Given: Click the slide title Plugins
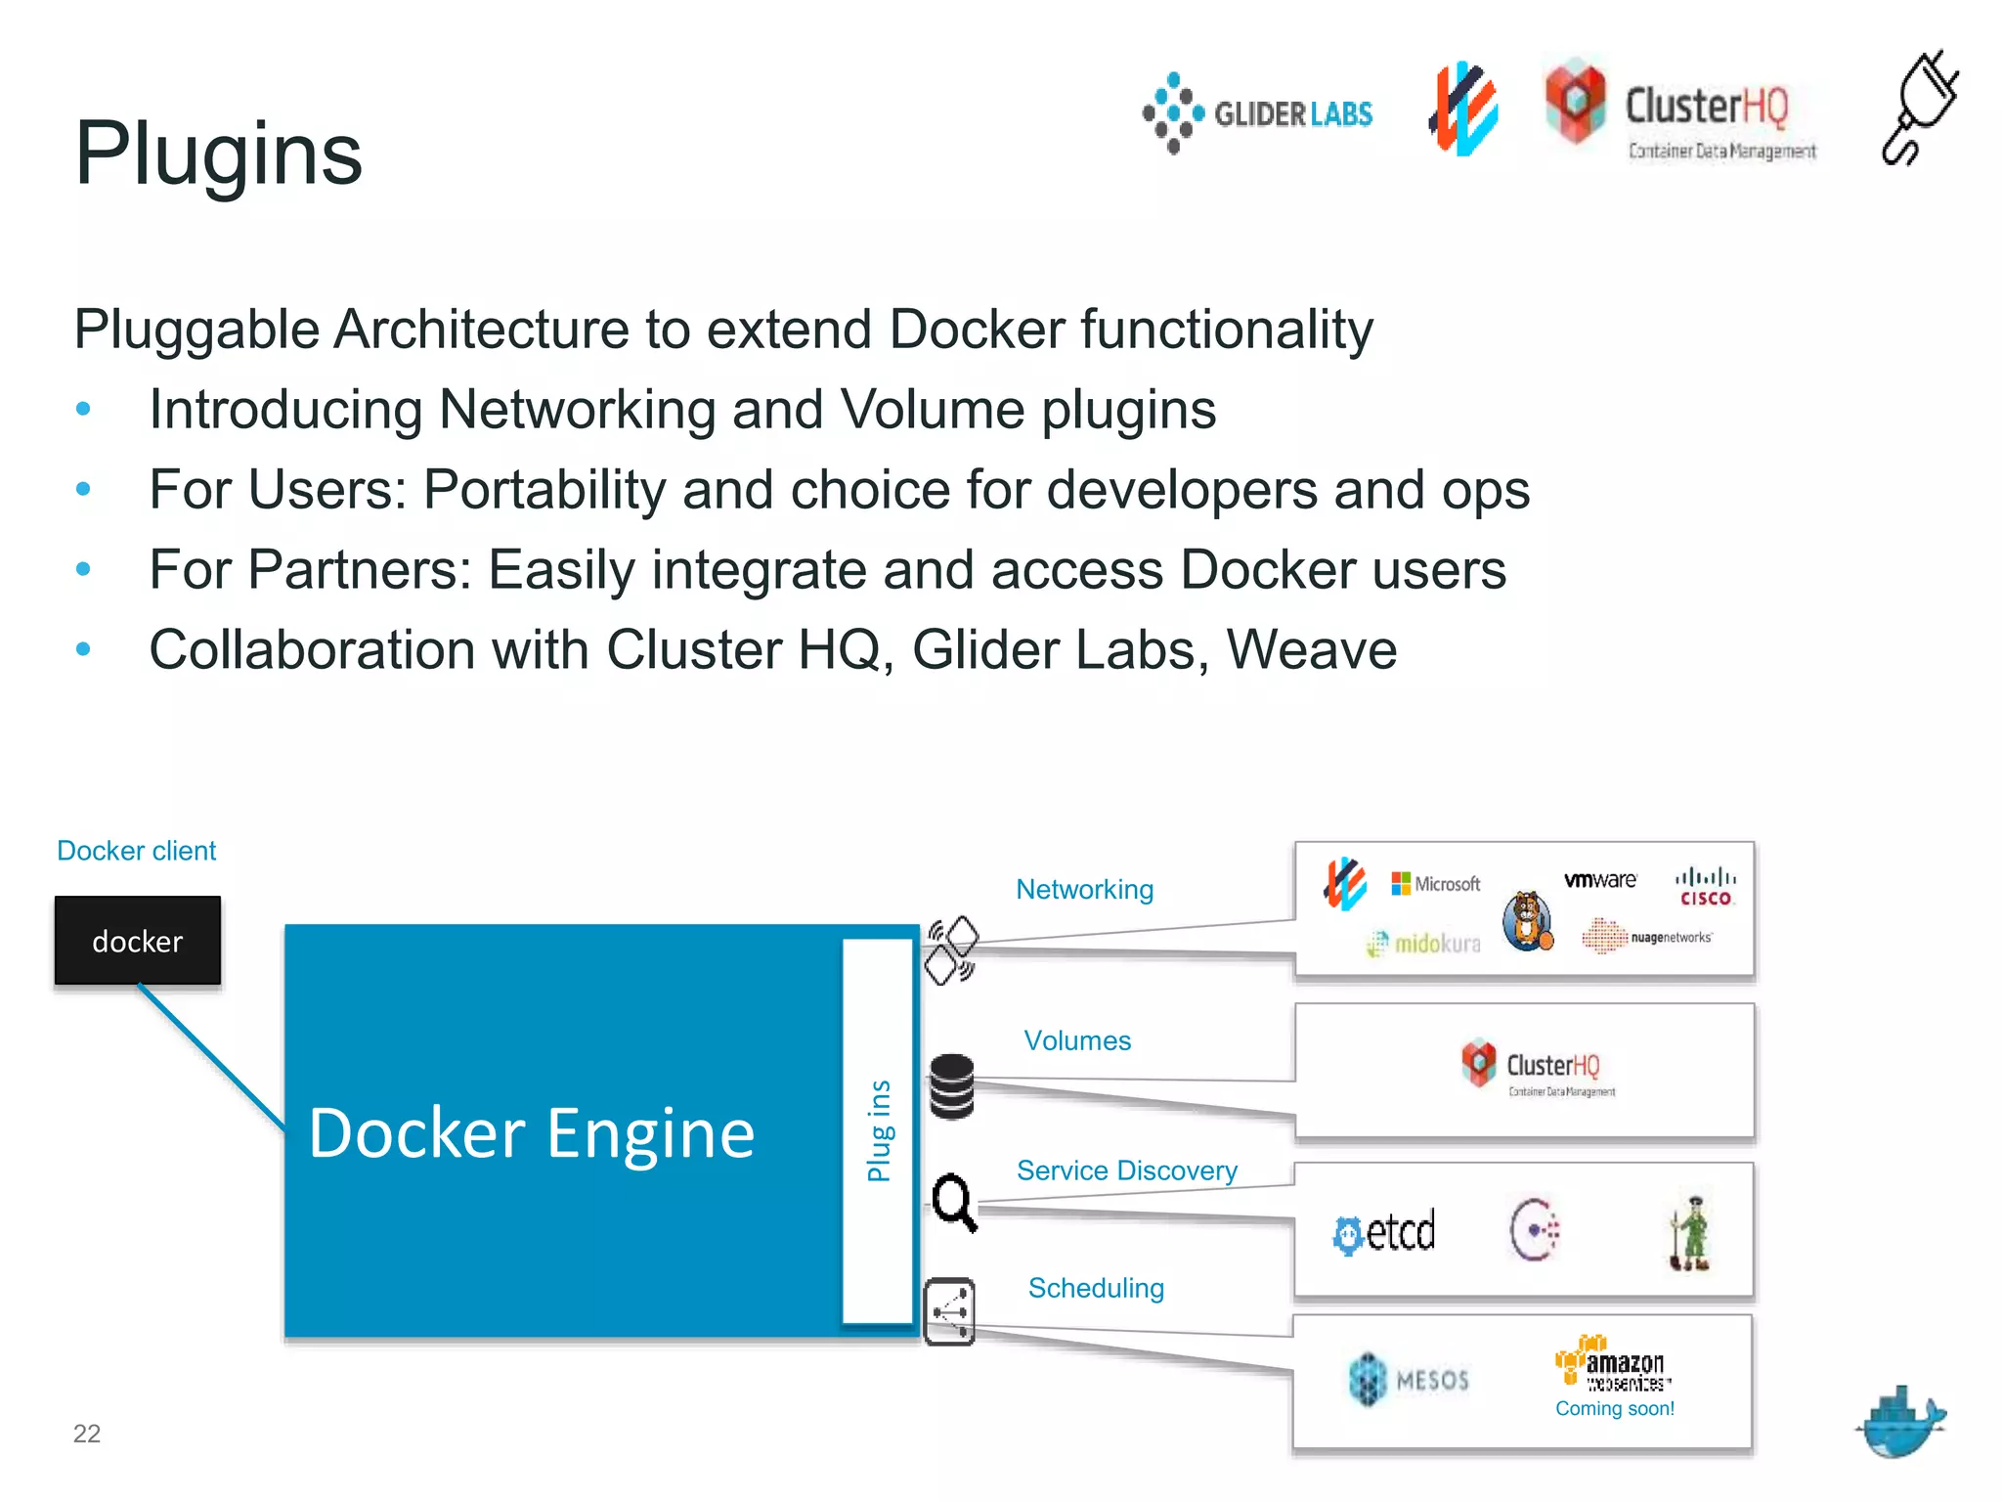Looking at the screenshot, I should (x=218, y=154).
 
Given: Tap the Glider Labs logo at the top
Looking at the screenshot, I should (x=1258, y=113).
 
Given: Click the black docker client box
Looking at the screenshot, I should (x=138, y=941).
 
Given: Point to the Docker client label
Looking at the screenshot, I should (x=136, y=851).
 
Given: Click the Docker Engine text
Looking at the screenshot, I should (x=532, y=1133).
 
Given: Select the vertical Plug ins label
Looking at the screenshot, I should (x=879, y=1130).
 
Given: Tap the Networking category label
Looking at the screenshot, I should (x=1084, y=890).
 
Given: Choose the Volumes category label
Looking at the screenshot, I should (x=1077, y=1040).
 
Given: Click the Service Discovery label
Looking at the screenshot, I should (x=1126, y=1171).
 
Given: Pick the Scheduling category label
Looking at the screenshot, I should (x=1096, y=1288).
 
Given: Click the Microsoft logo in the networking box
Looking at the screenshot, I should (x=1436, y=884).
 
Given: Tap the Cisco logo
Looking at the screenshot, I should (x=1706, y=888).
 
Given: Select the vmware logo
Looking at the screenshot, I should (x=1600, y=880).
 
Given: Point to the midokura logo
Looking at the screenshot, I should (x=1424, y=944).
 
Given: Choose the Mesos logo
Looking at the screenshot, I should (x=1409, y=1380).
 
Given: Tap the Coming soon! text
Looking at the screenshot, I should (x=1615, y=1409).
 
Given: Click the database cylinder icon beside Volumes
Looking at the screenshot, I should (x=951, y=1086).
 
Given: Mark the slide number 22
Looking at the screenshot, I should (x=87, y=1434).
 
